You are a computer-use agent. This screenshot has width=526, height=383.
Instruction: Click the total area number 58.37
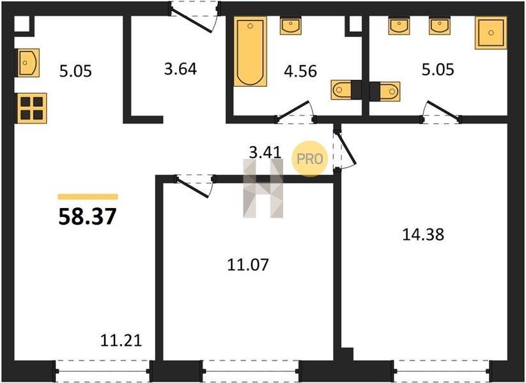[x=88, y=216]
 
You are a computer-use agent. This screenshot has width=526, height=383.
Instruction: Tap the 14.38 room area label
[x=423, y=234]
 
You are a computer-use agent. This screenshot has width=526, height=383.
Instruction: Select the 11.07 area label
[x=248, y=265]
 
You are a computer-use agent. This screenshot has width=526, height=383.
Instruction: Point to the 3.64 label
[x=180, y=70]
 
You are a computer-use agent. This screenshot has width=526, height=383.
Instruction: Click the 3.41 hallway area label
[x=265, y=153]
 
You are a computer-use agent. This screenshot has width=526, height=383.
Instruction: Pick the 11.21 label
[x=121, y=341]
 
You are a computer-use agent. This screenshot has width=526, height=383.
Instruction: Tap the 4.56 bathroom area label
[x=300, y=71]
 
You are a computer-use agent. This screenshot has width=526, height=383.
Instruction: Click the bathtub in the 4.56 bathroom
[x=251, y=52]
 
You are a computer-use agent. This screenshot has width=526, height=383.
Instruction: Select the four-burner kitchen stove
[x=31, y=109]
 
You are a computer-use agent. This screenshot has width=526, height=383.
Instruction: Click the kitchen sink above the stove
[x=28, y=63]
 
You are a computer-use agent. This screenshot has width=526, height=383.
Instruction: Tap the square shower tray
[x=491, y=33]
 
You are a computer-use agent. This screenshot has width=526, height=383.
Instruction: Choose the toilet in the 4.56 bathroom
[x=346, y=90]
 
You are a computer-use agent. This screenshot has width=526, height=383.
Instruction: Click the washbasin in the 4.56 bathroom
[x=291, y=26]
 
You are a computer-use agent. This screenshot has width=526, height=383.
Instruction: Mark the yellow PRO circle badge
[x=309, y=158]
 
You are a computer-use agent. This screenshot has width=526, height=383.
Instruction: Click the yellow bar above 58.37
[x=88, y=197]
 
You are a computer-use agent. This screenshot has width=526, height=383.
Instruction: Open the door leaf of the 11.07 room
[x=193, y=188]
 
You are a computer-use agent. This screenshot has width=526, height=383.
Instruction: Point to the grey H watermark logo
[x=263, y=189]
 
